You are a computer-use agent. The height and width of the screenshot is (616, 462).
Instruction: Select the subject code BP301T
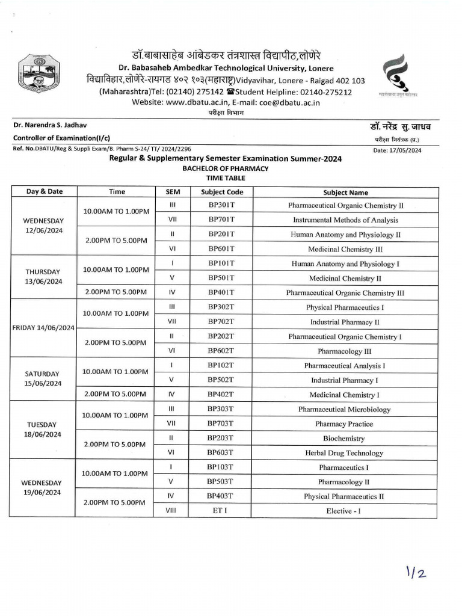point(221,206)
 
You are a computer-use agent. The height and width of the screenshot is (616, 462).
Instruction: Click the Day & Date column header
point(44,192)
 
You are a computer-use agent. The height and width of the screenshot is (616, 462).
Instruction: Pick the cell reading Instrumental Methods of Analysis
point(345,220)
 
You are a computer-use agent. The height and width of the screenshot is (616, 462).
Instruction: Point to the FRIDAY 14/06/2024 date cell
point(44,328)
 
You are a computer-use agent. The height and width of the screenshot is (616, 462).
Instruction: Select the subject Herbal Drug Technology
point(345,453)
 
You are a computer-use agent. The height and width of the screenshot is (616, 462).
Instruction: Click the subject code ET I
point(221,511)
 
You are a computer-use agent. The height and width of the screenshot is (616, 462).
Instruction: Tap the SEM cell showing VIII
point(171,511)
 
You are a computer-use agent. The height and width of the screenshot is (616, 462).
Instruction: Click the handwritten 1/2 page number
point(414,573)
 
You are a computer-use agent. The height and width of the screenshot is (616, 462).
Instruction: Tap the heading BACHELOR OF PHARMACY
point(226,168)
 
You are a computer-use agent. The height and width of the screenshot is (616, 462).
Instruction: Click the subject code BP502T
point(221,380)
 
